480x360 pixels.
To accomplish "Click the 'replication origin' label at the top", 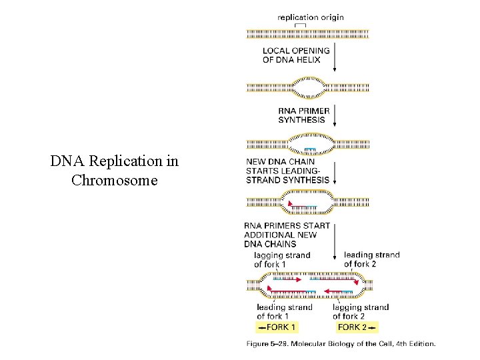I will (x=311, y=17).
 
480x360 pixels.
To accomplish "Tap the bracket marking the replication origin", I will (x=301, y=25).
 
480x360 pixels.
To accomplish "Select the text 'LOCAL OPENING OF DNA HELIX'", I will (x=296, y=55).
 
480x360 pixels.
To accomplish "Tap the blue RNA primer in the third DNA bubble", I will (x=310, y=149).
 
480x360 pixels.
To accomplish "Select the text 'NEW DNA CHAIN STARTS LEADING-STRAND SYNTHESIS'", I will (x=287, y=171).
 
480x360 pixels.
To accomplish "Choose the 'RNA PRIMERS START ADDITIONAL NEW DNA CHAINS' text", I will (x=287, y=235).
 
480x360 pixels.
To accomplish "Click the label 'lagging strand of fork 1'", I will (x=282, y=260).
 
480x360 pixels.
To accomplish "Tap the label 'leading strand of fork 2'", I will (x=371, y=259).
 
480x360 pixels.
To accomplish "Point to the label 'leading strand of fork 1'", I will (x=284, y=311).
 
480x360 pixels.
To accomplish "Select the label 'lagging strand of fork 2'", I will (x=361, y=311).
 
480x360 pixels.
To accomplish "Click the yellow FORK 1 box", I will (x=277, y=327).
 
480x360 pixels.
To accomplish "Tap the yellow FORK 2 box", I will (x=356, y=327).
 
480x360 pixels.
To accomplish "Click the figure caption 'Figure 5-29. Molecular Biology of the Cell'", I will (x=341, y=344).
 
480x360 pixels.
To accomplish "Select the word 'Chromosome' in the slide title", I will (x=115, y=179).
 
